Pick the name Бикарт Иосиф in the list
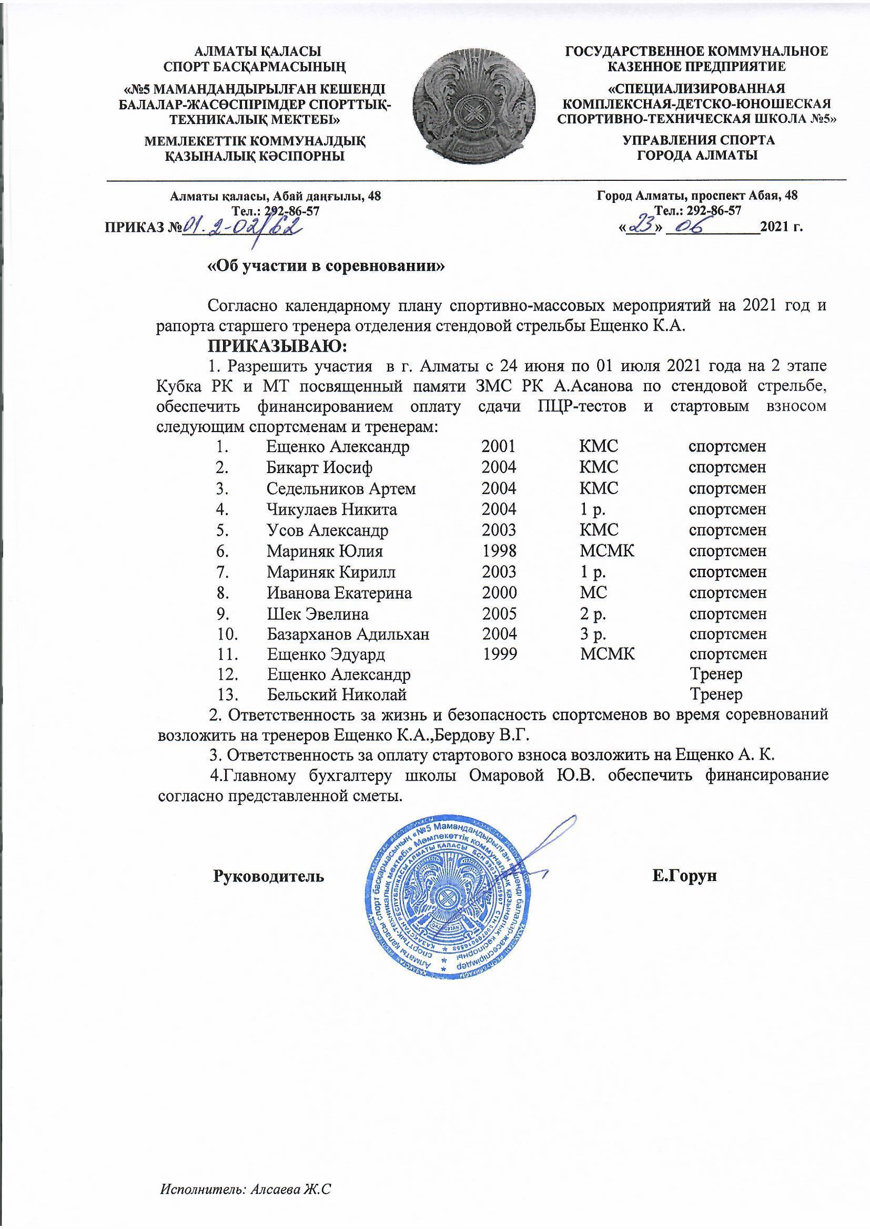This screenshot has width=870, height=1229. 319,467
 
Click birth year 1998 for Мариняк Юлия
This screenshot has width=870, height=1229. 499,551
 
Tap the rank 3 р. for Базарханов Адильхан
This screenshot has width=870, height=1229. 593,634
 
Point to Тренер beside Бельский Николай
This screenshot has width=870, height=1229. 716,695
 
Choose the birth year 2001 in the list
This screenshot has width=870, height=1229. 498,446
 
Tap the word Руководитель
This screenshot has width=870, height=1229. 269,876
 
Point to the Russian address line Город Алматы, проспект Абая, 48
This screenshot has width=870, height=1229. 697,196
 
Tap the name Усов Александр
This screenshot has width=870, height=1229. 327,530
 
